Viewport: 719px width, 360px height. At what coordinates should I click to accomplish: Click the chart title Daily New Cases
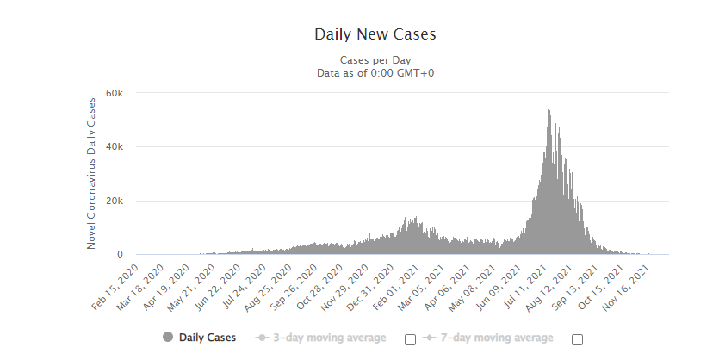[x=375, y=35]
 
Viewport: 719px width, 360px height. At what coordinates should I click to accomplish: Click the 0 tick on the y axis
[x=121, y=255]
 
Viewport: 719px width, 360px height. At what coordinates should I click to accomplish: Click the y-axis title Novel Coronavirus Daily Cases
[x=92, y=174]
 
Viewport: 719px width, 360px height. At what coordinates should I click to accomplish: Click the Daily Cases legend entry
[x=207, y=338]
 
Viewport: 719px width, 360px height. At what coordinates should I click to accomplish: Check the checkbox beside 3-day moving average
[x=410, y=338]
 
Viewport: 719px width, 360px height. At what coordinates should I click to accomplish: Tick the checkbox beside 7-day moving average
[x=577, y=338]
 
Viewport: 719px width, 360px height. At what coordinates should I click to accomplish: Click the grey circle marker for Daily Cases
[x=167, y=338]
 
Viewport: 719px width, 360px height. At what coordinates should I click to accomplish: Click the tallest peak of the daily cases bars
[x=549, y=105]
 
